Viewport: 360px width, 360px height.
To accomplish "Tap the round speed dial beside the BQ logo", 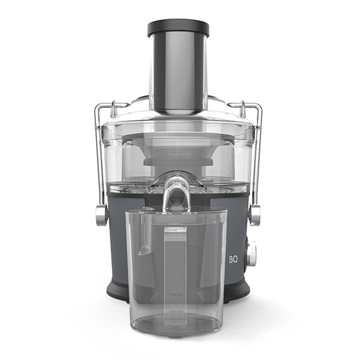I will [x=250, y=253].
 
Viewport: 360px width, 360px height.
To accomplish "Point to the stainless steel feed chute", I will [x=178, y=72].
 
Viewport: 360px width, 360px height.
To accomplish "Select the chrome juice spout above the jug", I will [x=177, y=191].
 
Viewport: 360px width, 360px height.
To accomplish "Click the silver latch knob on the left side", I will [x=101, y=215].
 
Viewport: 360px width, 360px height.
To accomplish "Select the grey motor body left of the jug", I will [x=117, y=240].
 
